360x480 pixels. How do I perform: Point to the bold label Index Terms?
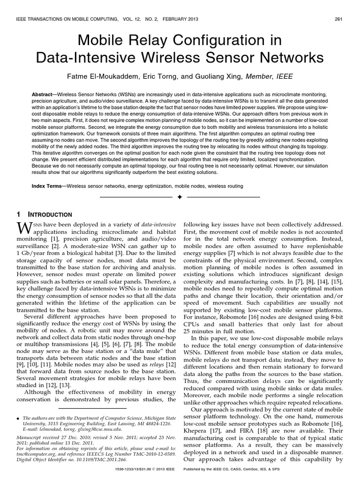tap(48, 186)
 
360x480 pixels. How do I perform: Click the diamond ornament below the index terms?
tap(180, 197)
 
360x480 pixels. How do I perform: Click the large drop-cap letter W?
tap(24, 228)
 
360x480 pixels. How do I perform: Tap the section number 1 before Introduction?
tap(19, 214)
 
